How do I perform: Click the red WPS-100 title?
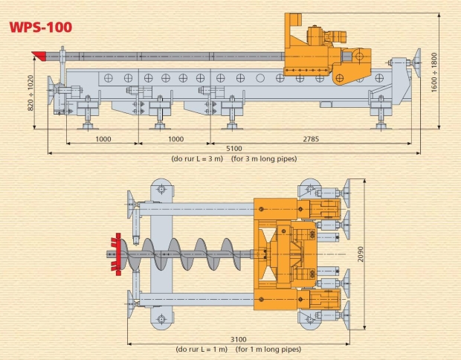(x=41, y=28)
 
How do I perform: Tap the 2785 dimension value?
(x=311, y=139)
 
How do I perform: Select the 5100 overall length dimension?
(x=234, y=149)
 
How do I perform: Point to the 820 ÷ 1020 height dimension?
(x=30, y=93)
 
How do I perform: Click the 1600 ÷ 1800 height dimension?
(x=434, y=72)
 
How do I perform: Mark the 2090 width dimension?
(x=361, y=254)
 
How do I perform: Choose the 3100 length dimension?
(x=238, y=340)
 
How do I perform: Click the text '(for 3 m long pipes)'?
(x=264, y=159)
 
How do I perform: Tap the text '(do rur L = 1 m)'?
(x=202, y=350)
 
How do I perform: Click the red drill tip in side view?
(x=39, y=56)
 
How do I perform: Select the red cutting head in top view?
(x=117, y=254)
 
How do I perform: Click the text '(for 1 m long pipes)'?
(x=268, y=350)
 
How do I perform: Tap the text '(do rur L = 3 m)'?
(x=197, y=159)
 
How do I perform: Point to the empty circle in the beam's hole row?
(x=260, y=78)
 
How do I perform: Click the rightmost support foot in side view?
(x=381, y=112)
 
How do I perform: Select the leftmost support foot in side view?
(x=88, y=112)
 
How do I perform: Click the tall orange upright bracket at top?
(x=291, y=29)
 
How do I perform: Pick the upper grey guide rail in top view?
(x=196, y=209)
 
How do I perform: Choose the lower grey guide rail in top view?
(x=196, y=300)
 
